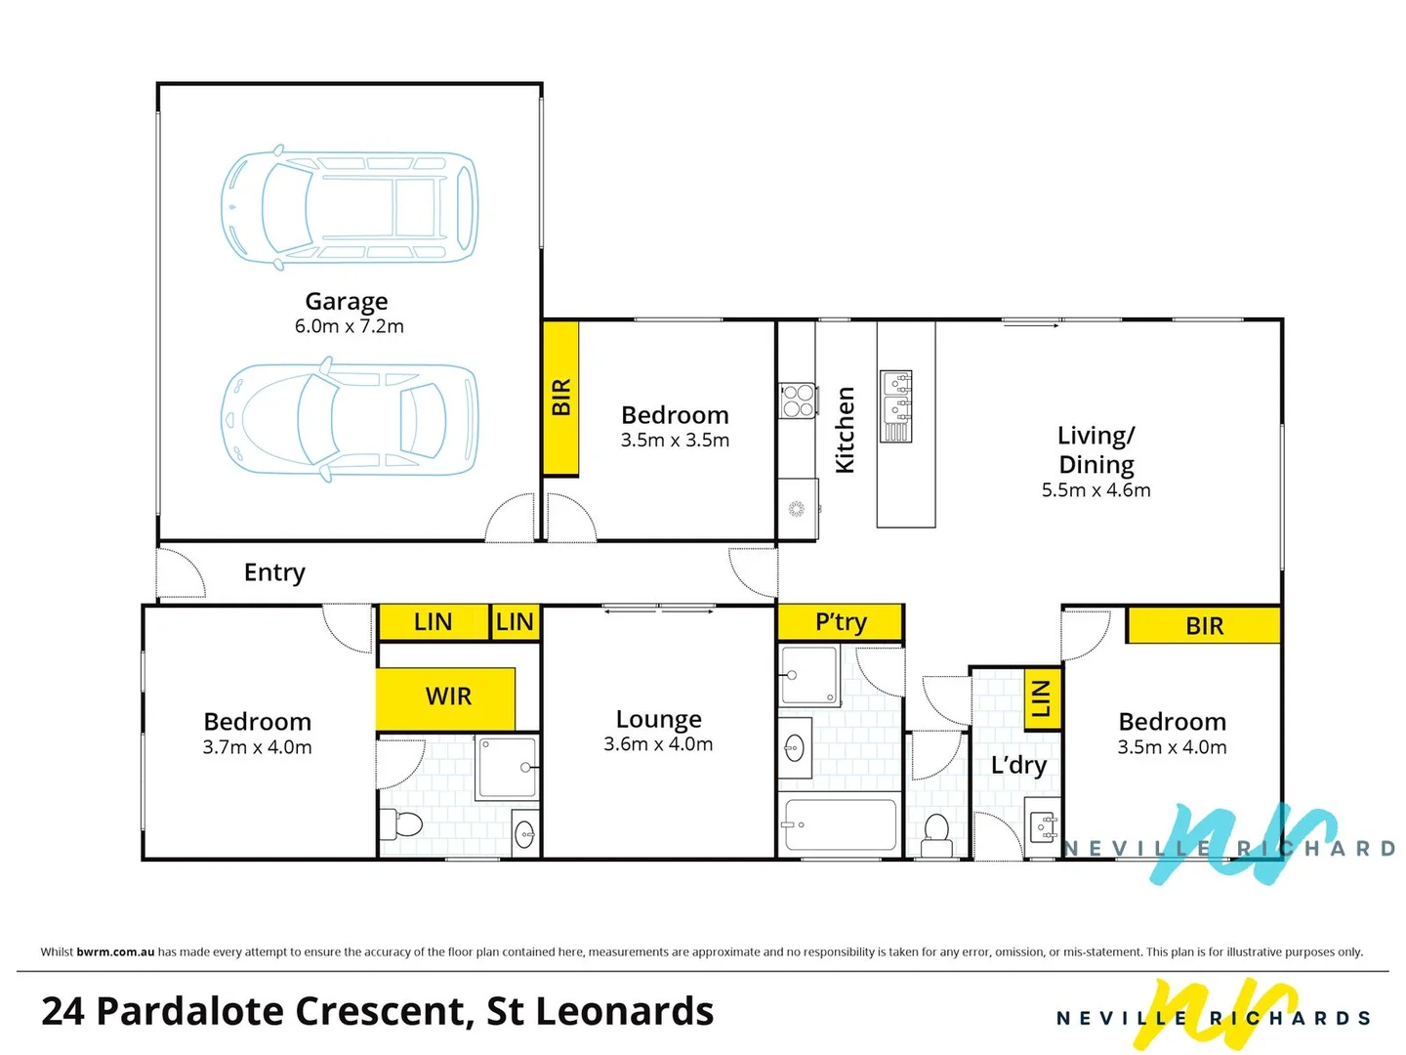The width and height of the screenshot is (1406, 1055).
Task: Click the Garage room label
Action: tap(346, 302)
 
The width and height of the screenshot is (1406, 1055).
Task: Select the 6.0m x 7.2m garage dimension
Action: tap(349, 326)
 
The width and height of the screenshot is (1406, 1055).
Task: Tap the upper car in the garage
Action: tap(349, 207)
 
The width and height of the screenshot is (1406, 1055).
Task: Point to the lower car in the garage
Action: tap(349, 420)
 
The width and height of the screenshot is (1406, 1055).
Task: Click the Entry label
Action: tap(274, 572)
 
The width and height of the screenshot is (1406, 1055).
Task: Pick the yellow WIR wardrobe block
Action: tap(446, 697)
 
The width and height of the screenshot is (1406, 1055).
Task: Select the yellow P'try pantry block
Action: tap(840, 622)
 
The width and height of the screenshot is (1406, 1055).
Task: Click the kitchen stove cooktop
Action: tap(798, 401)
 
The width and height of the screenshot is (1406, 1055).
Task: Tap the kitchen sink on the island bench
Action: tap(896, 405)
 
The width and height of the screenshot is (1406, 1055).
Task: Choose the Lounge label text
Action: tap(658, 720)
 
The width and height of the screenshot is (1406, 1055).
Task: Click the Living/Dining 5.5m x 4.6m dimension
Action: tap(1096, 490)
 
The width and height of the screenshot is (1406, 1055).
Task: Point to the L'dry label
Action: tap(1017, 765)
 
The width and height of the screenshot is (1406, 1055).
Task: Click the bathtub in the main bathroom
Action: tap(840, 825)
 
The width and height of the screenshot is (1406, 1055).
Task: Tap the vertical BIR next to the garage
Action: tap(560, 398)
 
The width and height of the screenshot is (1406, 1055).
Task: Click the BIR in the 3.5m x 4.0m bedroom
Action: tap(1203, 625)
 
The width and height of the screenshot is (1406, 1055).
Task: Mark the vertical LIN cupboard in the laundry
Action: tap(1041, 697)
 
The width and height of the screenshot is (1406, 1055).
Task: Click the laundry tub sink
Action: tap(1044, 827)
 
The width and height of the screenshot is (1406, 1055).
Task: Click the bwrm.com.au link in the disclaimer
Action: tap(115, 951)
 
